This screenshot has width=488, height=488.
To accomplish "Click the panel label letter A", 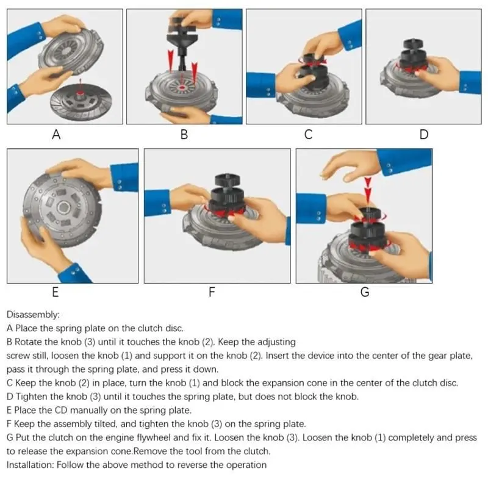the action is (x=56, y=134).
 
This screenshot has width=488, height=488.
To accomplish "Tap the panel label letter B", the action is (x=184, y=134).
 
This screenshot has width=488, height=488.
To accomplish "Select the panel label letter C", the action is (x=308, y=134).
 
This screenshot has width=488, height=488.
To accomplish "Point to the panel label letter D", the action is (x=424, y=134).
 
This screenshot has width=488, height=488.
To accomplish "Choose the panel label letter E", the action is (x=56, y=292).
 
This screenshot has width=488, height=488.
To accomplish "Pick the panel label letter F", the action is (x=212, y=292).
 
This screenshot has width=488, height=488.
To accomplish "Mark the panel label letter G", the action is (x=365, y=292).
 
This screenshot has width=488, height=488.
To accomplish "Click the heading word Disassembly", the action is (x=32, y=315).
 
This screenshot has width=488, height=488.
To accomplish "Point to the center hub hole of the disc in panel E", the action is (x=63, y=207).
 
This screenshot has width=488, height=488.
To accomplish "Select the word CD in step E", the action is (x=61, y=410).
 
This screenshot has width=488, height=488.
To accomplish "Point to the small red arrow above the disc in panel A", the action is (x=80, y=85).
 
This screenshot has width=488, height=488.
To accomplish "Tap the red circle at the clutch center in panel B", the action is (x=181, y=88).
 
